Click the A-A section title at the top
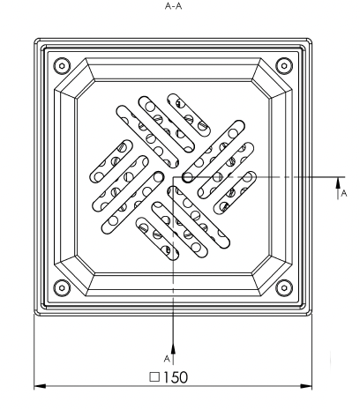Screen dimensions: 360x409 (x=173, y=6)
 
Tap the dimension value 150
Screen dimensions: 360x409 (x=176, y=377)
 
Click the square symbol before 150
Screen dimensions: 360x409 (x=154, y=377)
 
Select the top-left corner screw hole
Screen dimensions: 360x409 (x=62, y=65)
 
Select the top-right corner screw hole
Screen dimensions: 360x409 (x=283, y=65)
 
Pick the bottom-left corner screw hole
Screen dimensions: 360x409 (x=62, y=288)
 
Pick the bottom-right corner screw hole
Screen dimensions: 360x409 (x=283, y=288)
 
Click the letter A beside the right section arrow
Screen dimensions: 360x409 (x=344, y=193)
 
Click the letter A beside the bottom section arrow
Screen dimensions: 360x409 (x=167, y=359)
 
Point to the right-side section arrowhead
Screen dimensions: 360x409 (x=338, y=183)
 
